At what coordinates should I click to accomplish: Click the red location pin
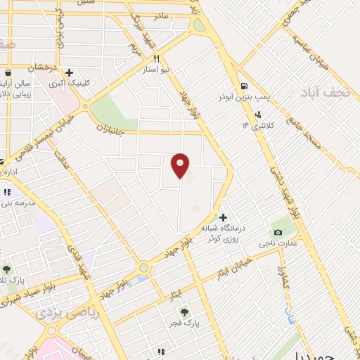click(x=181, y=165)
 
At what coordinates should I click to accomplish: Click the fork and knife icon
click(x=157, y=59)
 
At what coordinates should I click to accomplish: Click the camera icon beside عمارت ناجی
click(x=278, y=233)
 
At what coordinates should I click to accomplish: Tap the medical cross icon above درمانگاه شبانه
click(x=224, y=217)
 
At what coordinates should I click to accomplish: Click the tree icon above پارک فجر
click(x=185, y=312)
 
